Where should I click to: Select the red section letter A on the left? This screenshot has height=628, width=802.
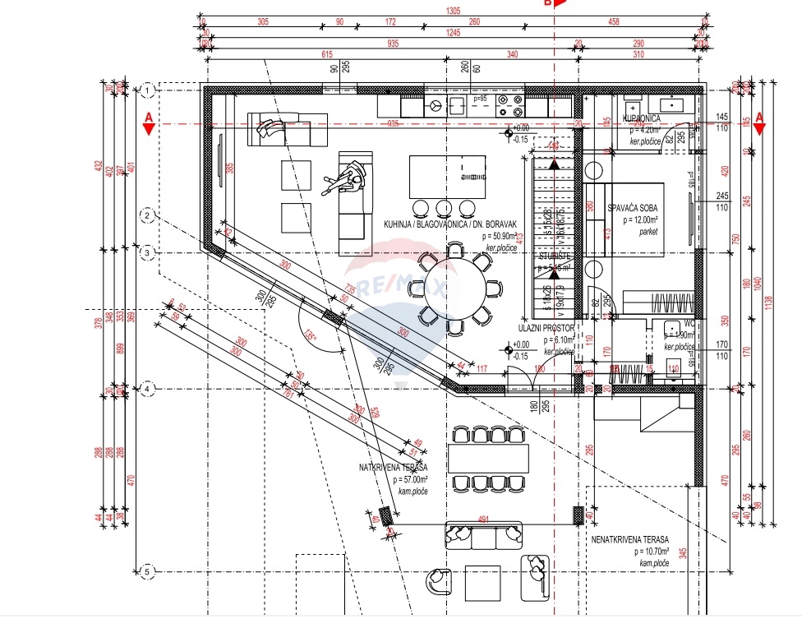(x=149, y=118)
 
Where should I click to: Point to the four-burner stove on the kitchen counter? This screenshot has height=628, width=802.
(x=514, y=105)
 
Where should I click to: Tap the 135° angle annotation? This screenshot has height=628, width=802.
(x=309, y=335)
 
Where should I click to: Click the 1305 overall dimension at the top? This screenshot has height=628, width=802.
(x=452, y=12)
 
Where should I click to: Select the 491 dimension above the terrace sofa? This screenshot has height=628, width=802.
(x=484, y=519)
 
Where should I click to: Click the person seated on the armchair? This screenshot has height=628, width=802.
(x=347, y=176)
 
